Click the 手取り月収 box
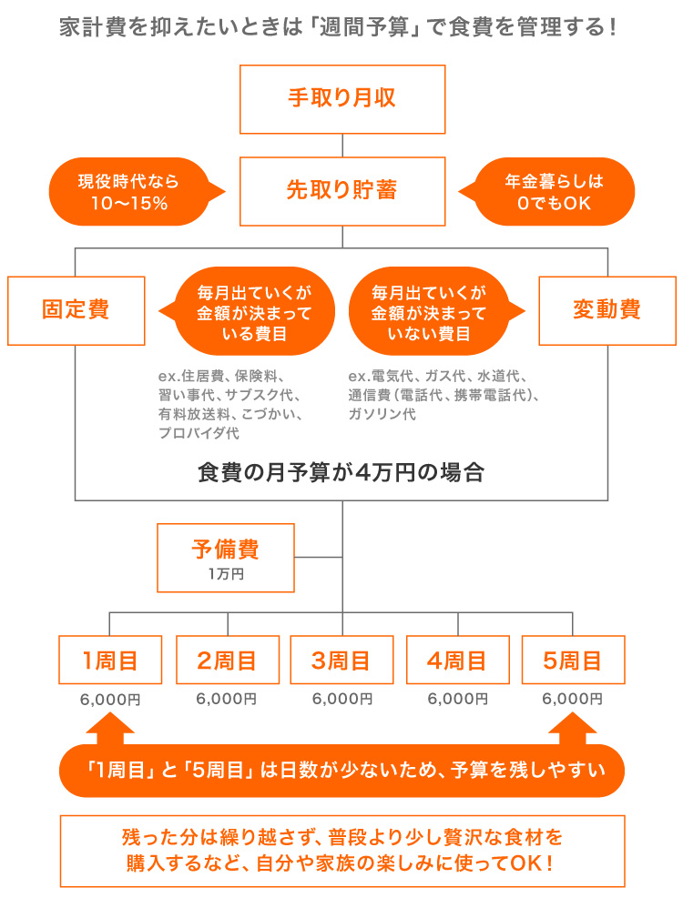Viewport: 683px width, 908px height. [341, 98]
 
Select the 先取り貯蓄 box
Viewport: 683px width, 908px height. [341, 191]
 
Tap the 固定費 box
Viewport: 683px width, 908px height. [76, 310]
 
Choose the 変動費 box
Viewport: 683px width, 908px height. [607, 310]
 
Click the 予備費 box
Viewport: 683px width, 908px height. [225, 557]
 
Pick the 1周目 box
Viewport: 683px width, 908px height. [110, 660]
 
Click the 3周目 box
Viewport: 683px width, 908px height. [341, 660]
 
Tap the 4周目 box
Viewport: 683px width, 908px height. [457, 660]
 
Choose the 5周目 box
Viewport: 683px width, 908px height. [573, 660]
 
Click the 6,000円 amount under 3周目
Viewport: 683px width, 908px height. [341, 699]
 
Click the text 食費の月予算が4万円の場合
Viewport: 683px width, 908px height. [341, 473]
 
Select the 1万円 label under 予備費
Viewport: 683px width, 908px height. [225, 575]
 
